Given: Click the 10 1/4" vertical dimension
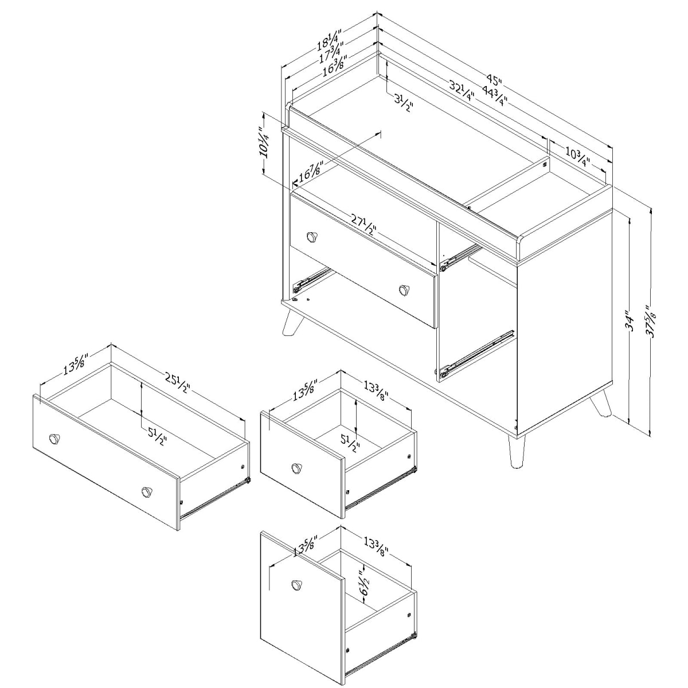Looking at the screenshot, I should [x=265, y=142].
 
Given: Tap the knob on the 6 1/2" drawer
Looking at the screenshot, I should [x=296, y=584].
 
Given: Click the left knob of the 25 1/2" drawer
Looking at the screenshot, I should [x=55, y=439].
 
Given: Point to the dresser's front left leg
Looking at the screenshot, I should [x=293, y=322].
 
